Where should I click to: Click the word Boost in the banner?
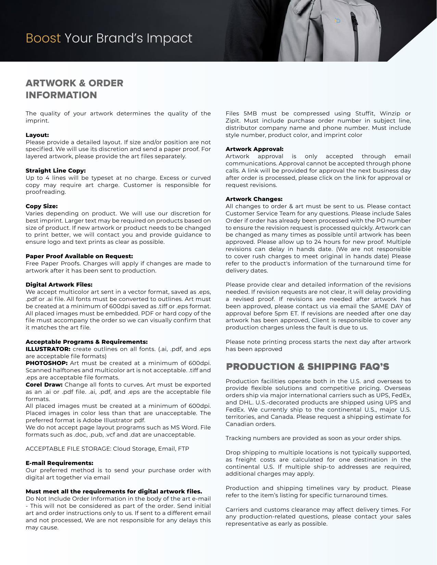click(43, 38)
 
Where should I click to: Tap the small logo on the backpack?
click(338, 21)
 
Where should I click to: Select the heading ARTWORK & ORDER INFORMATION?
click(74, 89)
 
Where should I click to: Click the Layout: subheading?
click(37, 135)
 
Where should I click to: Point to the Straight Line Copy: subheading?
click(55, 171)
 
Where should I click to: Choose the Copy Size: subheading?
click(41, 206)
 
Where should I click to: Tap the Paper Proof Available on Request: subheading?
click(79, 256)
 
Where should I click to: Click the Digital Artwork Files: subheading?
click(59, 285)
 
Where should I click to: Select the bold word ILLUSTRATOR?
click(48, 349)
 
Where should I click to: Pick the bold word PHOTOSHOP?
click(47, 363)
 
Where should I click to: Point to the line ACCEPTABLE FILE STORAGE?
click(107, 449)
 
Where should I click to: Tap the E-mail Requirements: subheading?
click(59, 463)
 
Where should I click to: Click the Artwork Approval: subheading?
click(254, 149)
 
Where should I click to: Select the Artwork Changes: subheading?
click(254, 199)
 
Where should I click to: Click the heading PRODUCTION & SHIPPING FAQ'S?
click(308, 367)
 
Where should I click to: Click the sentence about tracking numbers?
click(313, 438)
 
